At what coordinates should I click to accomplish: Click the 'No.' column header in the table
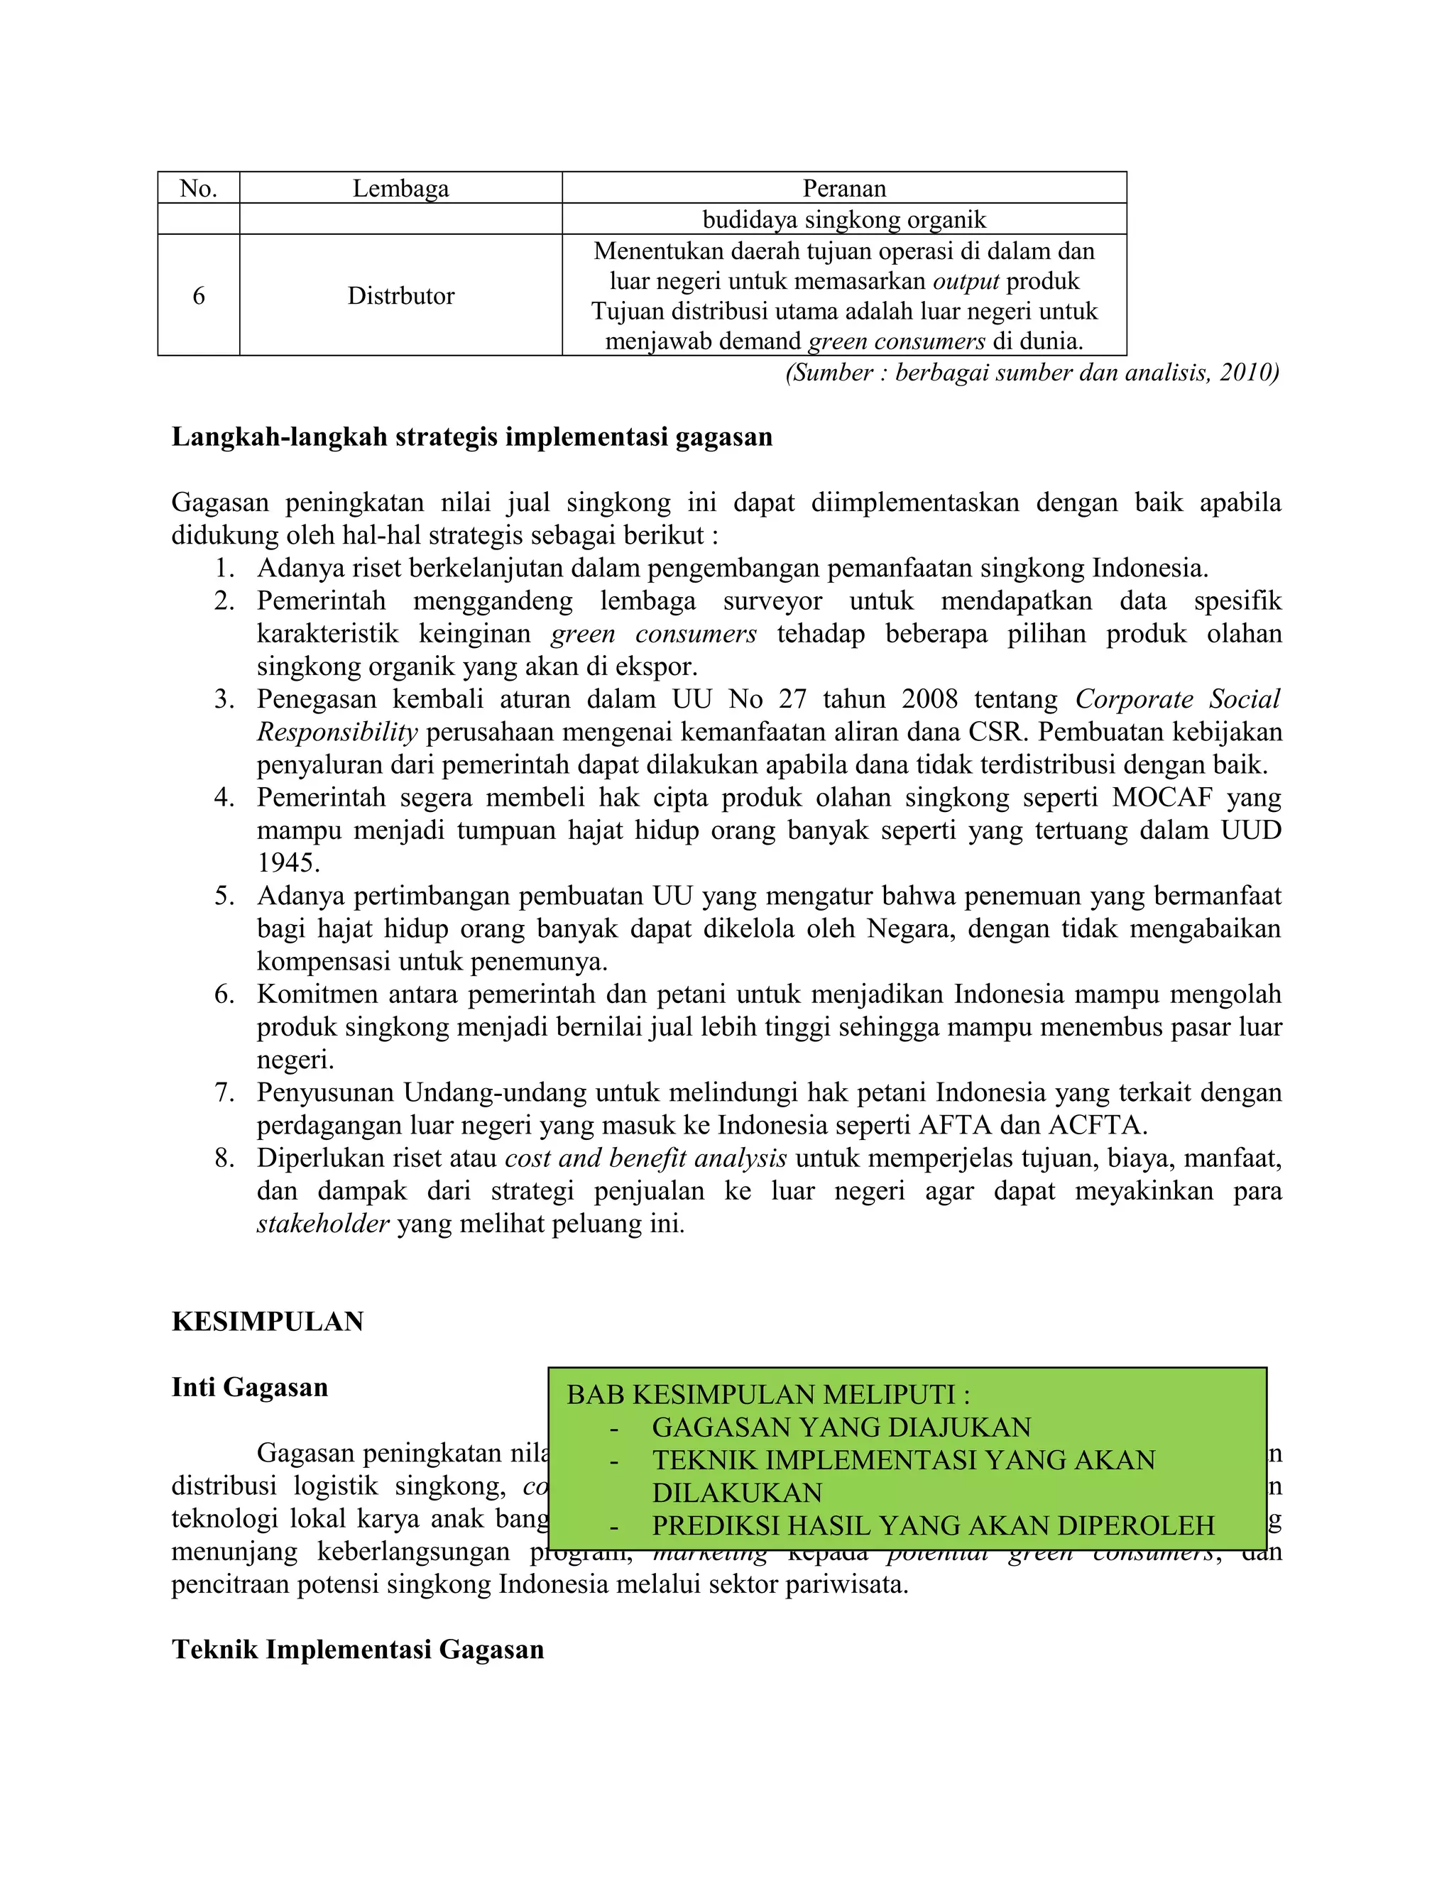point(198,189)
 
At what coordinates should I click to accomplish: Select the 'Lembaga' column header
point(400,189)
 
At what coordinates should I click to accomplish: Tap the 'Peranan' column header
point(844,189)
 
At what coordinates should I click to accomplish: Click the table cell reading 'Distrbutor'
point(400,296)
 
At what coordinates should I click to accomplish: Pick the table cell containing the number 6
point(199,296)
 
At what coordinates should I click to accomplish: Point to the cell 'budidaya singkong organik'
point(844,219)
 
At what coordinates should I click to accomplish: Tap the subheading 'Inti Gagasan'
point(250,1388)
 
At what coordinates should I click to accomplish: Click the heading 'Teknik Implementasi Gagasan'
point(358,1650)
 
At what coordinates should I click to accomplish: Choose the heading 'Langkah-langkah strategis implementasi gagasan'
point(472,437)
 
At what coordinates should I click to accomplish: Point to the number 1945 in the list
point(288,863)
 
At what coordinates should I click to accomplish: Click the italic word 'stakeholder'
point(323,1224)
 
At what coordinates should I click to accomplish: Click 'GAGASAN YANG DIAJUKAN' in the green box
point(841,1427)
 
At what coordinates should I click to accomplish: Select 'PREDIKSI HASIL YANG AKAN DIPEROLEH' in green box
point(933,1525)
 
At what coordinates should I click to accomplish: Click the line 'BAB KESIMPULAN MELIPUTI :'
point(768,1394)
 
